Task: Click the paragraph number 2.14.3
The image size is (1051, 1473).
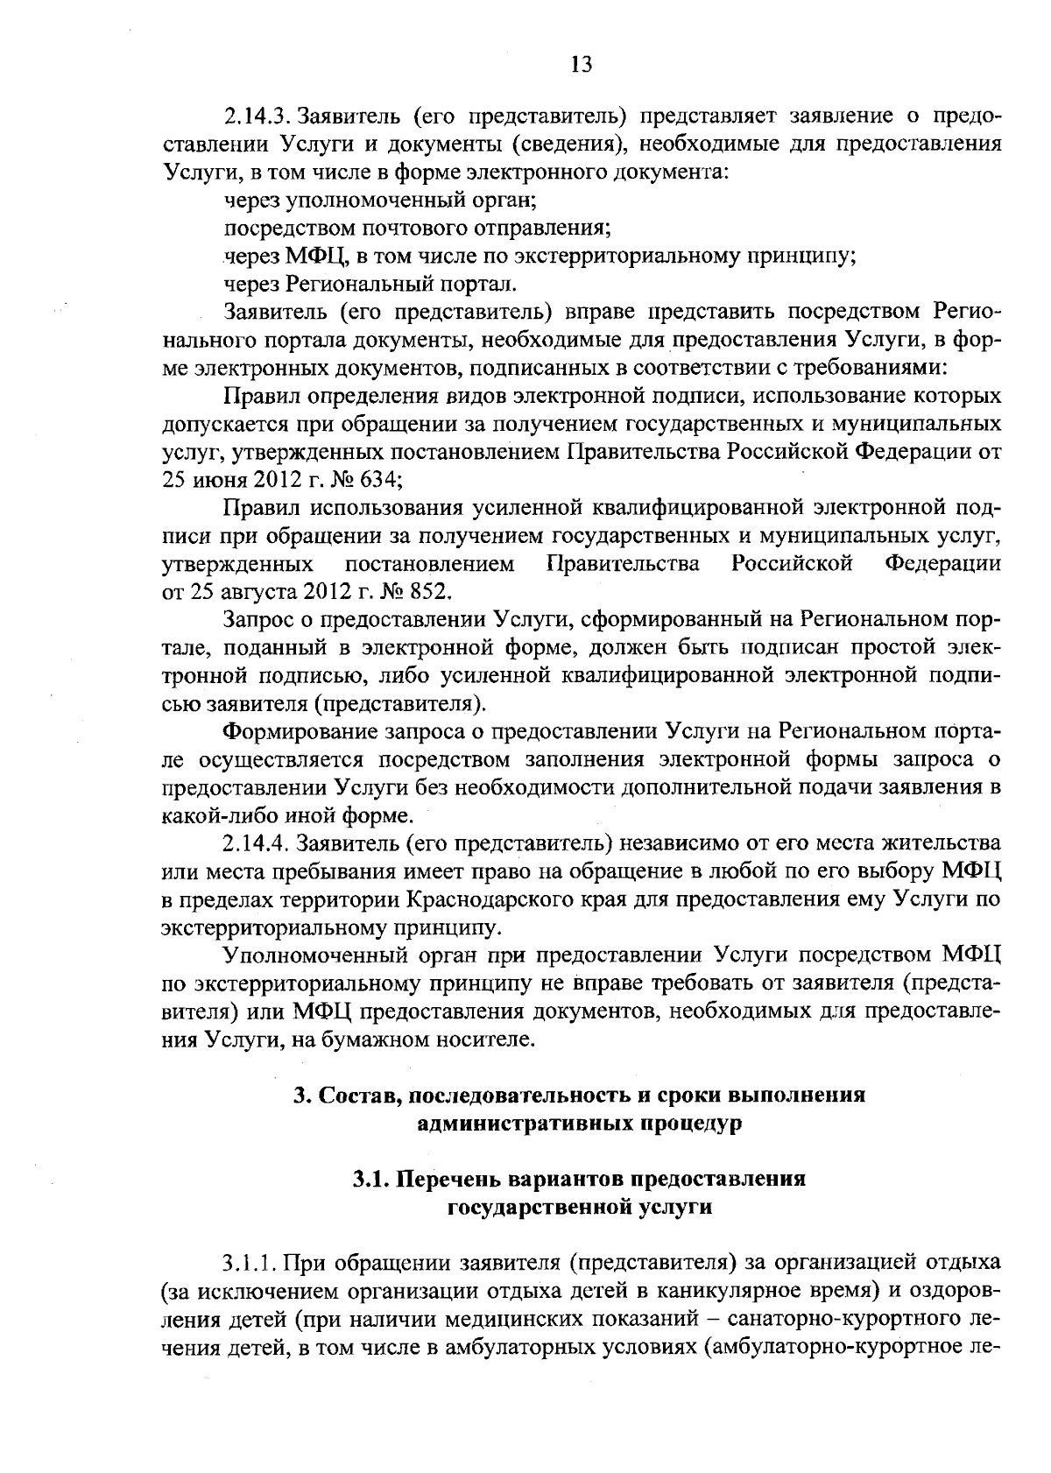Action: [257, 116]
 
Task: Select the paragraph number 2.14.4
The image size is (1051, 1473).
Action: [257, 843]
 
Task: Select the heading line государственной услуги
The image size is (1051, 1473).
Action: [580, 1207]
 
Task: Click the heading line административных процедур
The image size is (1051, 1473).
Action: [580, 1124]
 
